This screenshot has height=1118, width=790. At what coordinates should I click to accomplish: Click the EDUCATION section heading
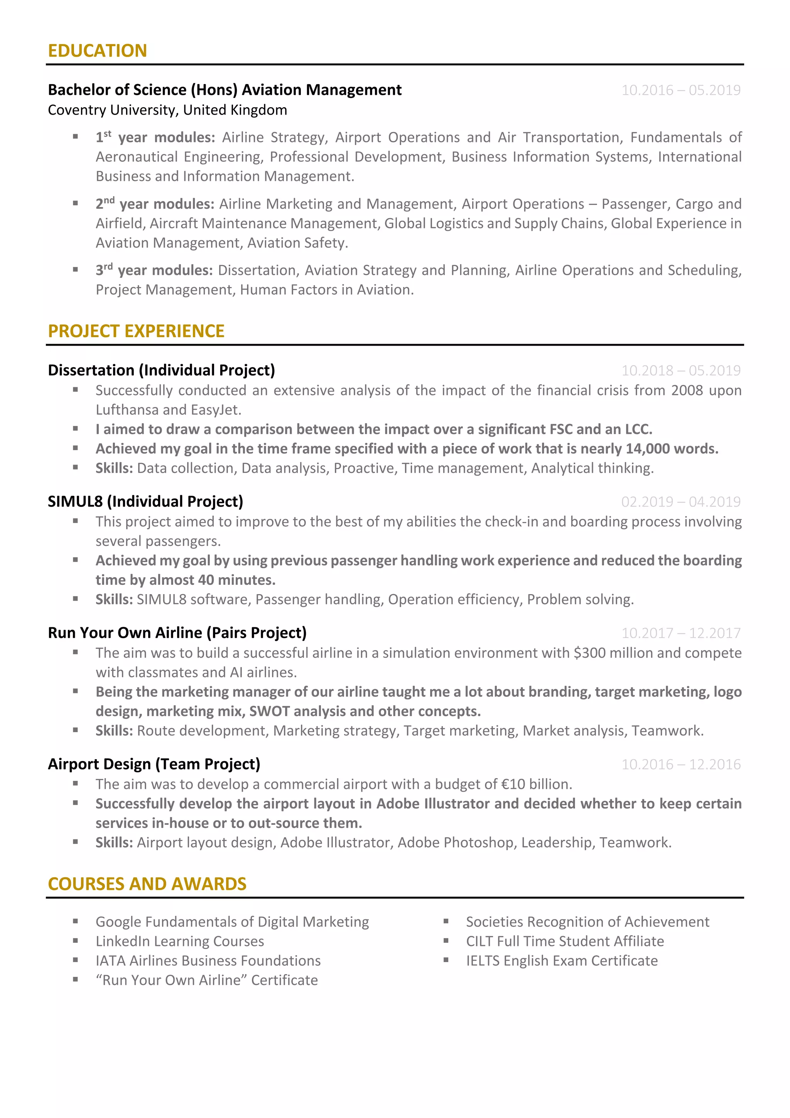click(97, 51)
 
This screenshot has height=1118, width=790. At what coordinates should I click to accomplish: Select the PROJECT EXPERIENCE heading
click(136, 331)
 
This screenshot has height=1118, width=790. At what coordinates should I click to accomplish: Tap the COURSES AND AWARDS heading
click(147, 884)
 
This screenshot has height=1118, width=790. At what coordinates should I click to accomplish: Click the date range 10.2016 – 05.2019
click(680, 90)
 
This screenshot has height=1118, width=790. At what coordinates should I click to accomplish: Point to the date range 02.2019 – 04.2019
click(680, 502)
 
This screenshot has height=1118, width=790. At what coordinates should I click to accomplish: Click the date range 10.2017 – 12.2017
click(680, 633)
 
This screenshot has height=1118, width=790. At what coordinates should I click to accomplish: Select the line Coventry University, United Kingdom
click(167, 110)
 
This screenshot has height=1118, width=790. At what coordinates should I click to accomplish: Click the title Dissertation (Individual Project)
click(161, 370)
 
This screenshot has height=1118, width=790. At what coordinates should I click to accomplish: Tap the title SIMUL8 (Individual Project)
click(145, 502)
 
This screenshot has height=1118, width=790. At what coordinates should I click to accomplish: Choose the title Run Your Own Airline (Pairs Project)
click(177, 633)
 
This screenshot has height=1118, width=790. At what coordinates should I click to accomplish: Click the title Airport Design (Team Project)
click(154, 764)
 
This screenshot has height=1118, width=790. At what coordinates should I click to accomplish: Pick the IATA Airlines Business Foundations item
click(208, 961)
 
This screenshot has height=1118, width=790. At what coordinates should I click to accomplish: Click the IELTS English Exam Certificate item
click(562, 961)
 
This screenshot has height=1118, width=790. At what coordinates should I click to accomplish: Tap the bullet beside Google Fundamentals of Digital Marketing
click(76, 921)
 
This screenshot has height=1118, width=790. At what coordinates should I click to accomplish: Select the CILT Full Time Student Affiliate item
click(565, 941)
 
